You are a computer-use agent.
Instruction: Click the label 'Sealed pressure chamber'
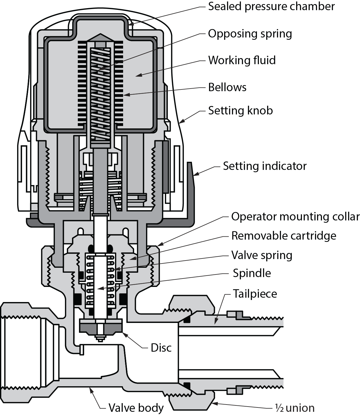[x=271, y=6]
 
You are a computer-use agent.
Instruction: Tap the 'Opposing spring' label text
[x=250, y=34]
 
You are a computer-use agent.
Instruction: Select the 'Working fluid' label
[x=242, y=60]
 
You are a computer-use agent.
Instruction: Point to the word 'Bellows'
[x=227, y=87]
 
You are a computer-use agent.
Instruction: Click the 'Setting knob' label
[x=240, y=111]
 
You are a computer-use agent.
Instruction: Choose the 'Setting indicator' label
[x=264, y=166]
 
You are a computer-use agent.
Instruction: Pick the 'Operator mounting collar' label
[x=295, y=217]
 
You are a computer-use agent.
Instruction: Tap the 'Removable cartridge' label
[x=284, y=236]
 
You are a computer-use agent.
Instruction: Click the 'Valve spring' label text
[x=262, y=255]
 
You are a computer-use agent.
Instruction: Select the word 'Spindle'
[x=252, y=273]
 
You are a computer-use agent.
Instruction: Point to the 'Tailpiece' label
[x=255, y=294]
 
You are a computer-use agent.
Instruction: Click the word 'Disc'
[x=161, y=348]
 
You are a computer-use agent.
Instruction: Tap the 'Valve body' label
[x=136, y=408]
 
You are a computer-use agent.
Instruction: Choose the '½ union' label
[x=295, y=408]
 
